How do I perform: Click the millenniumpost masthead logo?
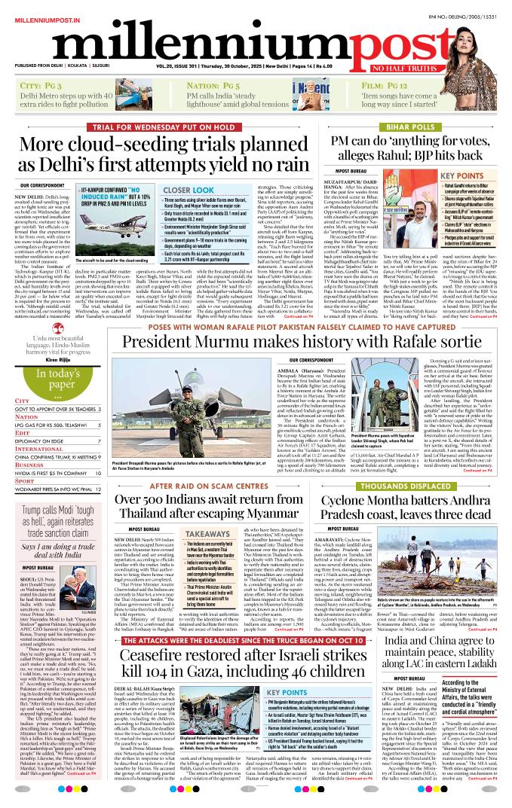click(256, 47)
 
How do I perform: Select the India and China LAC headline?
click(440, 653)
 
